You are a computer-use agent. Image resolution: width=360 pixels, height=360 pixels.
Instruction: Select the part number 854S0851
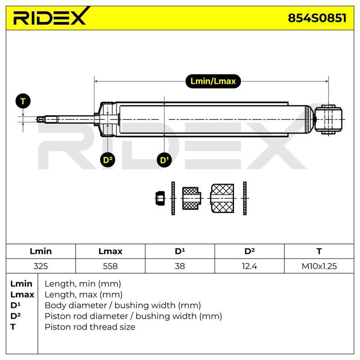click(317, 18)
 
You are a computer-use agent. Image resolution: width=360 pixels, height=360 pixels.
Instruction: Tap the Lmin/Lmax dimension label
click(213, 81)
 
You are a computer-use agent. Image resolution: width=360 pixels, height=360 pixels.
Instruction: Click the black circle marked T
click(23, 101)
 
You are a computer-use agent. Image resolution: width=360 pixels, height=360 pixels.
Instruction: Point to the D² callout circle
click(108, 160)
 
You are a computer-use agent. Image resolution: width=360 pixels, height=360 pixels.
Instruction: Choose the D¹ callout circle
click(164, 160)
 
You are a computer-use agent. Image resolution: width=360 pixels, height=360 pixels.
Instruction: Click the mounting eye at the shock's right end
click(328, 119)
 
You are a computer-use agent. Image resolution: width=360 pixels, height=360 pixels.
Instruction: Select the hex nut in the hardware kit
click(160, 198)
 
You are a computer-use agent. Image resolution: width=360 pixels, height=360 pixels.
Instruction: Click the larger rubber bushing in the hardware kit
click(222, 198)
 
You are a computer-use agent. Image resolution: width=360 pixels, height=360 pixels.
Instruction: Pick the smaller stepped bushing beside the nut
click(192, 198)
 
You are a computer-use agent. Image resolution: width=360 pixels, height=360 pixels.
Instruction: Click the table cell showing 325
click(40, 266)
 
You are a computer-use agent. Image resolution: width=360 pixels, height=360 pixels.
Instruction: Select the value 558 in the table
click(110, 266)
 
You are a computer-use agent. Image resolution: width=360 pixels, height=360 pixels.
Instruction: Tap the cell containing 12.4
click(249, 266)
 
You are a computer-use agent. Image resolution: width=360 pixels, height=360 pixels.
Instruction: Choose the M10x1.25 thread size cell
click(319, 266)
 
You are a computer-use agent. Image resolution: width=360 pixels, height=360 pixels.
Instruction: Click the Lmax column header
click(110, 251)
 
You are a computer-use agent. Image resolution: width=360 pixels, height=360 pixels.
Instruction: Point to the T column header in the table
click(319, 251)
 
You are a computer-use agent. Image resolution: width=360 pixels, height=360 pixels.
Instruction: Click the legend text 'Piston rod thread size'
click(90, 327)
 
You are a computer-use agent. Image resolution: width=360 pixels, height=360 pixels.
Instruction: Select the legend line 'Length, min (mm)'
click(83, 284)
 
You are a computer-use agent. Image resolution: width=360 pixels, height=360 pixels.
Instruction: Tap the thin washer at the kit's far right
click(245, 198)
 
